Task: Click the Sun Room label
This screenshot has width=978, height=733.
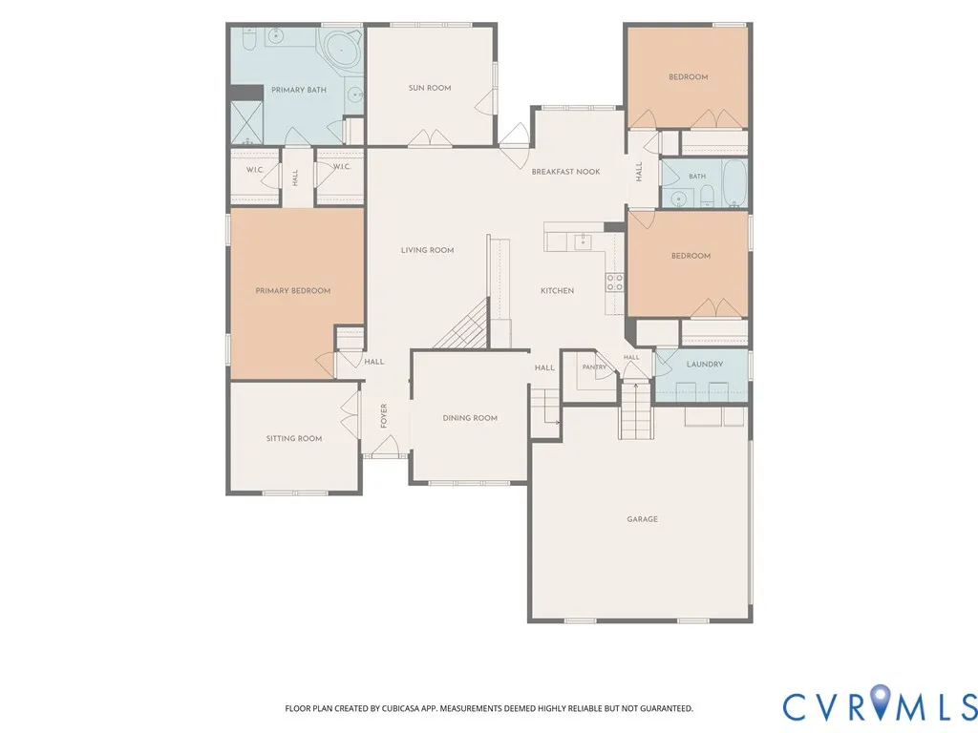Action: tap(430, 88)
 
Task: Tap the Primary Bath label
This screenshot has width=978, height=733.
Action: tap(299, 90)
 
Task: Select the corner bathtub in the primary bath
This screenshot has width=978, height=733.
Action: tap(341, 50)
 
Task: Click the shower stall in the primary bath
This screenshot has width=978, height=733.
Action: tap(247, 122)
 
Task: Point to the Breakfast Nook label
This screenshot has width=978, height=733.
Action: tap(565, 172)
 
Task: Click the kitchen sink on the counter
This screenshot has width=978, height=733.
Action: tap(583, 241)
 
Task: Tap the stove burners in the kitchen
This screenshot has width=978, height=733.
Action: tap(614, 283)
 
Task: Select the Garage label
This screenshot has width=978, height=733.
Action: tap(643, 519)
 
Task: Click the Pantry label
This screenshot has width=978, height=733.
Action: tap(594, 367)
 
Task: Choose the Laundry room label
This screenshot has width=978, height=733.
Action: tap(705, 364)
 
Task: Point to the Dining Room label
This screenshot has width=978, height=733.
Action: tap(470, 418)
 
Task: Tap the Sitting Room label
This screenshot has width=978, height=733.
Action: tap(294, 439)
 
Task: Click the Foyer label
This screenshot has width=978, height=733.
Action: tap(384, 416)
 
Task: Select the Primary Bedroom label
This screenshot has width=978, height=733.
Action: tap(293, 290)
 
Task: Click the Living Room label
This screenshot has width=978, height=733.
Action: tap(427, 251)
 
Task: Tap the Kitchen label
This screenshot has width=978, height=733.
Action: tap(557, 290)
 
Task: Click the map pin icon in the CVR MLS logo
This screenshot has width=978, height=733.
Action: tap(881, 700)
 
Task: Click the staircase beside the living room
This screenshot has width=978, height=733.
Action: tap(462, 324)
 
